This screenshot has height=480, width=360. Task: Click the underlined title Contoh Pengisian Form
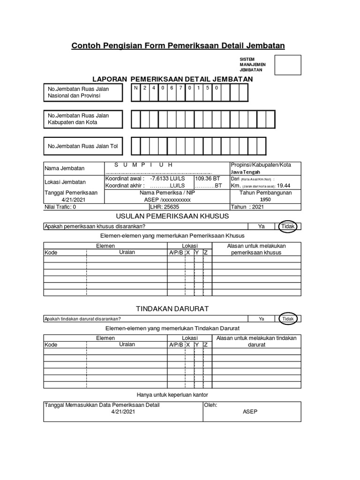click(178, 45)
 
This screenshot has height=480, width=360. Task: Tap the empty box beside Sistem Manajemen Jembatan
click(287, 65)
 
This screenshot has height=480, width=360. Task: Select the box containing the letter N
click(136, 88)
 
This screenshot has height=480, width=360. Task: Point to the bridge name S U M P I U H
click(144, 165)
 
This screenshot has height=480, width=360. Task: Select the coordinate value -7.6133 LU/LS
click(167, 179)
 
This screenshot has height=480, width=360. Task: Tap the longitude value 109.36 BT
click(207, 179)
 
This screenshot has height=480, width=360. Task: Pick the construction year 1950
click(266, 199)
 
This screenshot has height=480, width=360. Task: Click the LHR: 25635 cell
click(165, 206)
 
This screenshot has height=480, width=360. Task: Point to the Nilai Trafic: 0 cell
click(60, 206)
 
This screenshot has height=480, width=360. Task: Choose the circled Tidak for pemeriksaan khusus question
click(287, 226)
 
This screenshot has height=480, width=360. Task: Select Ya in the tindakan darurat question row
click(262, 319)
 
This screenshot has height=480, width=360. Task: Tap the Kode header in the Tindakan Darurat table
click(51, 345)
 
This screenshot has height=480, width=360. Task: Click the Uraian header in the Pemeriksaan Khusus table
click(127, 252)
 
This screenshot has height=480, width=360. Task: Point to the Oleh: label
click(211, 405)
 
